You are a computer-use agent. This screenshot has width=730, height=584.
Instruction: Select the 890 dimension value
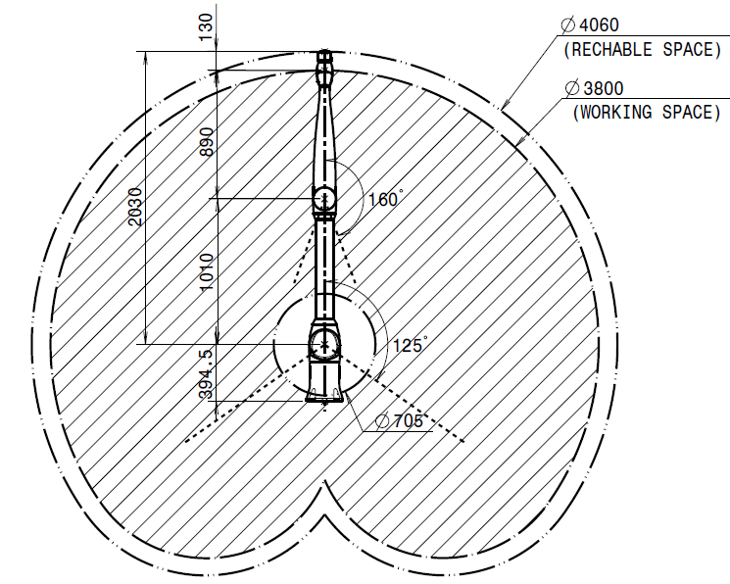(206, 142)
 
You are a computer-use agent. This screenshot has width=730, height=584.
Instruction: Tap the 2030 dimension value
(134, 208)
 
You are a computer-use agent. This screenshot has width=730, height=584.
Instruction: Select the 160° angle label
(385, 200)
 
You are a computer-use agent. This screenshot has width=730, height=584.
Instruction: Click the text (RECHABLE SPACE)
(642, 49)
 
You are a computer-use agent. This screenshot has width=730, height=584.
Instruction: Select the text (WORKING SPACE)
(647, 113)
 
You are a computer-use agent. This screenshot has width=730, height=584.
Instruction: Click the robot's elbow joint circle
(325, 200)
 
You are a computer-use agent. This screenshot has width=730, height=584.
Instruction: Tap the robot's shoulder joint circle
(323, 343)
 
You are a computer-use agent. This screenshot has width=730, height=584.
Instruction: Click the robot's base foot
(325, 396)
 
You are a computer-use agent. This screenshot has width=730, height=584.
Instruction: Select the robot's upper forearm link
(325, 127)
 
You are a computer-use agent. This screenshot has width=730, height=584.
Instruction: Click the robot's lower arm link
(324, 269)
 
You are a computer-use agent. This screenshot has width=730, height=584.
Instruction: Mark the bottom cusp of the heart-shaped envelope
(324, 485)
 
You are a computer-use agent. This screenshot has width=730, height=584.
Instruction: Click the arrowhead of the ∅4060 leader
(502, 104)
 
